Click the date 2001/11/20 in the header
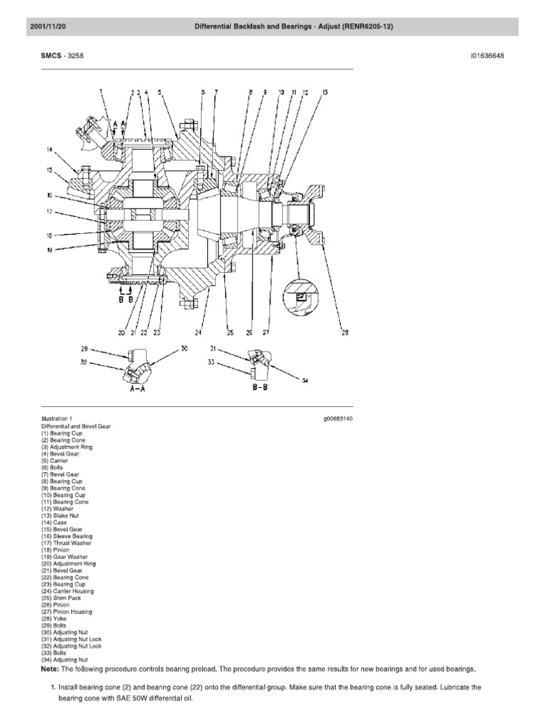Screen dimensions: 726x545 click(x=48, y=27)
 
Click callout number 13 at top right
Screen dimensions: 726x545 click(x=324, y=93)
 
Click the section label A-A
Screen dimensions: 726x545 click(x=138, y=389)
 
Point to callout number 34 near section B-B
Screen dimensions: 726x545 click(x=304, y=381)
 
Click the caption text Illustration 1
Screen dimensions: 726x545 click(x=57, y=419)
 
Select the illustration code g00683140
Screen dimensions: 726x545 click(x=338, y=419)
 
